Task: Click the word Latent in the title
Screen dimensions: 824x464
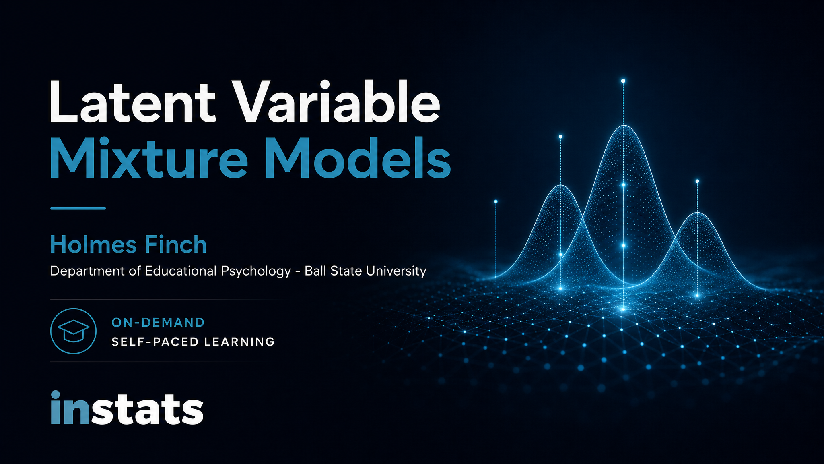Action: [x=133, y=101]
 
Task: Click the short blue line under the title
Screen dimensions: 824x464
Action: [x=78, y=208]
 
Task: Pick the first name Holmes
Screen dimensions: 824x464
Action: [x=93, y=244]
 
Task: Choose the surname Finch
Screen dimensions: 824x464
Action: [x=175, y=244]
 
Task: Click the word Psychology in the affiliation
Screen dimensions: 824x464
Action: [x=256, y=271]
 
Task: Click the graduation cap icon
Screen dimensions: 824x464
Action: [x=74, y=331]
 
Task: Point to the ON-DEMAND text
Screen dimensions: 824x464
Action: [x=158, y=322]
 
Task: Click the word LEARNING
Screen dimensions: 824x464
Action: [x=239, y=342]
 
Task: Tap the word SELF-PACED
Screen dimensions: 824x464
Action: [x=155, y=342]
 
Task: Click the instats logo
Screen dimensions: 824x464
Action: [x=127, y=407]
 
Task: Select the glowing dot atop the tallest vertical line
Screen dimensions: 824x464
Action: [x=623, y=81]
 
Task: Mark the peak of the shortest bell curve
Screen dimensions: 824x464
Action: [x=698, y=212]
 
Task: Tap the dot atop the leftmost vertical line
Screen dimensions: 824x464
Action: [x=496, y=201]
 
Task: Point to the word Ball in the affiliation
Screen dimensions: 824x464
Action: [x=315, y=271]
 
